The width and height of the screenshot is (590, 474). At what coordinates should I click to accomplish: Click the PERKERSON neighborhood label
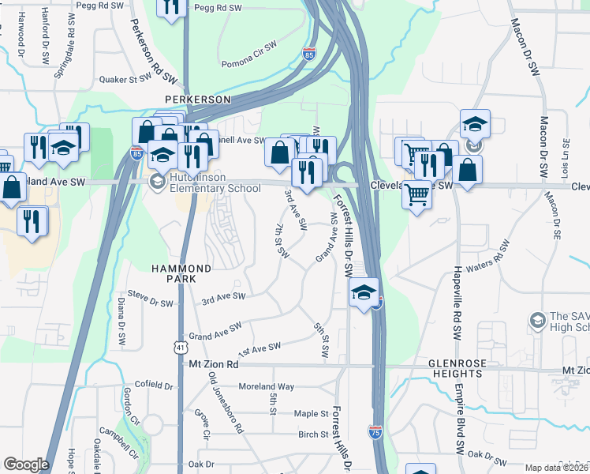(198, 100)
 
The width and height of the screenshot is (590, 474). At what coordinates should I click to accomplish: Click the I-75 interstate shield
(375, 431)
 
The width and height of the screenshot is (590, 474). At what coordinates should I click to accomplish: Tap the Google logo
(26, 465)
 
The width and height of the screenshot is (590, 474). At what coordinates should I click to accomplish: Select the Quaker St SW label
(125, 79)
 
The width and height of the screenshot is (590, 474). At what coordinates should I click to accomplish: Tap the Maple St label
(311, 413)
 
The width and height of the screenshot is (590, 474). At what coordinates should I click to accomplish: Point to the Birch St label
(313, 434)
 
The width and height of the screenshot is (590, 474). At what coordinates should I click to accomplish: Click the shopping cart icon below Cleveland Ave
(416, 194)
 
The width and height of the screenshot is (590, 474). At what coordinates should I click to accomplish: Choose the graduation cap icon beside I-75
(363, 293)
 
